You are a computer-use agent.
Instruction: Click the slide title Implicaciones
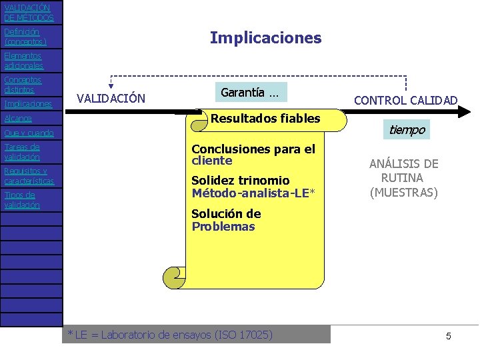tap(265, 38)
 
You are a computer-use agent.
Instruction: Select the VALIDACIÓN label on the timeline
tap(111, 99)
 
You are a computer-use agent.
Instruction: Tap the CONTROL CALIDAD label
tap(405, 101)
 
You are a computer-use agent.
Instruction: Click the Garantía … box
tap(250, 93)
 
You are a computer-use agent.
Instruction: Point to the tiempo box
tap(407, 129)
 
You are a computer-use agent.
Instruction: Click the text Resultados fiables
tap(265, 119)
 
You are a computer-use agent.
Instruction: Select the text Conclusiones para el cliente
tap(253, 155)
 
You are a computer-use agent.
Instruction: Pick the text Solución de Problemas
tap(226, 220)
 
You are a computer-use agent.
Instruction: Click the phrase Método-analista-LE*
tap(253, 193)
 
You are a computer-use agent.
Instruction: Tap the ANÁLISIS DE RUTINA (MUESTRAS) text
tap(404, 178)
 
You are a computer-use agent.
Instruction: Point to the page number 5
tap(449, 336)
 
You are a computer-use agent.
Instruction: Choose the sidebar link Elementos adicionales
tap(23, 61)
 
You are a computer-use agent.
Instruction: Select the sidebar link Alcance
tap(18, 118)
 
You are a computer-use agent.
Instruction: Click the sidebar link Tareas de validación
tap(22, 152)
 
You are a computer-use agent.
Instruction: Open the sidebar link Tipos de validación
tap(22, 200)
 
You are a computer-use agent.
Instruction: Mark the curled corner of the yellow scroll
tap(173, 276)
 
